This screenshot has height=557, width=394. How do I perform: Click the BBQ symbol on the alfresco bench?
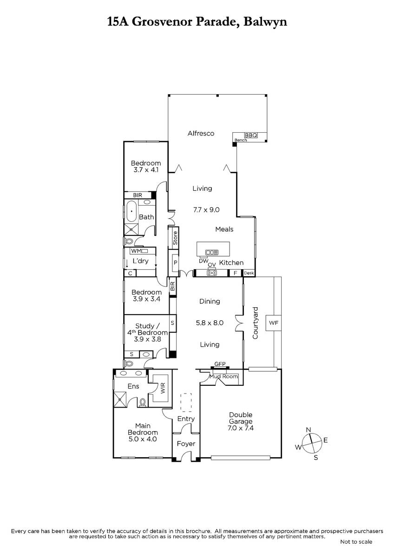251,135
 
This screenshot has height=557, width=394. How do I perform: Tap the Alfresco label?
201,133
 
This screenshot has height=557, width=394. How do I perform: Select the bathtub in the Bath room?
131,211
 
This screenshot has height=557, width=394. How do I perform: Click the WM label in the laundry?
136,251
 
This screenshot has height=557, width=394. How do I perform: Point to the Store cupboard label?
175,238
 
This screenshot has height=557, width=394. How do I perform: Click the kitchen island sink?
212,253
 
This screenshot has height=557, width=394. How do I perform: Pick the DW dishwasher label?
204,261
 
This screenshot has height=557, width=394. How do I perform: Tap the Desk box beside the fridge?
249,273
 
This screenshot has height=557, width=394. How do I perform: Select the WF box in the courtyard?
273,323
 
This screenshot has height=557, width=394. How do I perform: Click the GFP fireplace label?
220,364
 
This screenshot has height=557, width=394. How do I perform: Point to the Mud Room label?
223,376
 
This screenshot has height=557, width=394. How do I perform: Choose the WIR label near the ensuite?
163,388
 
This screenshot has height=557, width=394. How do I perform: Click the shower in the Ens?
120,400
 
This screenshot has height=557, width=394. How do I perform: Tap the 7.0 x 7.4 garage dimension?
240,428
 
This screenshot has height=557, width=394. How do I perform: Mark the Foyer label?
186,443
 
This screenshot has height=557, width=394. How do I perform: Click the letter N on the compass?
309,430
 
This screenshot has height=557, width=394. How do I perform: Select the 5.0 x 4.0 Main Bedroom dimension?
143,439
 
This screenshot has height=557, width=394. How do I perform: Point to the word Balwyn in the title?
265,22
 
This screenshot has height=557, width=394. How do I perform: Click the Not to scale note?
356,542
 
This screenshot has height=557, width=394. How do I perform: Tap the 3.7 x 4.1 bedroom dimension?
146,170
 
